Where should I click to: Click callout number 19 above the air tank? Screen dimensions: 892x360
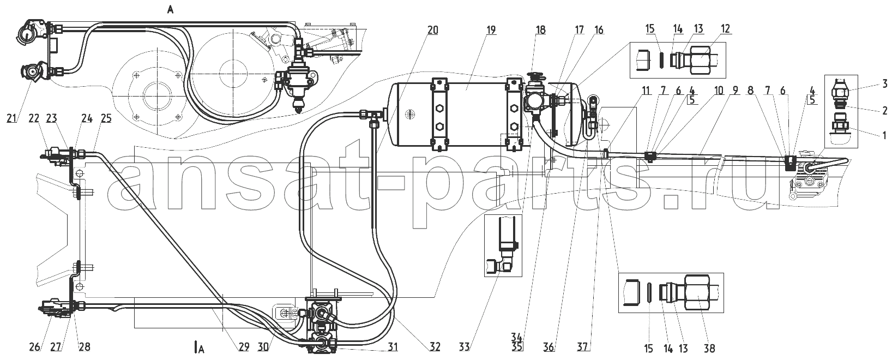tap(491, 29)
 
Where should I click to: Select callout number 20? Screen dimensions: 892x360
tap(433, 29)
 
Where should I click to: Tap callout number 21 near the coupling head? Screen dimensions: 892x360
tap(12, 118)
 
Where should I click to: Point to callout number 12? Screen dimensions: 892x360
tap(725, 29)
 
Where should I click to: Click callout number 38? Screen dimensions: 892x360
tap(709, 349)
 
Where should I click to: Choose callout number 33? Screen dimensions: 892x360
tap(465, 347)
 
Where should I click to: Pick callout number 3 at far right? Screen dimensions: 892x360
tap(884, 83)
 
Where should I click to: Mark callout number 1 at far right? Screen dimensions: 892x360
tap(884, 135)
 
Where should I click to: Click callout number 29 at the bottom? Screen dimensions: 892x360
tap(244, 347)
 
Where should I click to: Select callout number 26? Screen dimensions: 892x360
tap(35, 347)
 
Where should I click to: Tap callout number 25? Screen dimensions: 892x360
tap(106, 118)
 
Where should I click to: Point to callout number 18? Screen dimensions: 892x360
tap(540, 29)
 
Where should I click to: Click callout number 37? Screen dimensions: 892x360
tap(582, 347)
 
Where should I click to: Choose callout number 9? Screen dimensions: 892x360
tap(734, 91)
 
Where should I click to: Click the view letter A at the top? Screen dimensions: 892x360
tap(170, 10)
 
